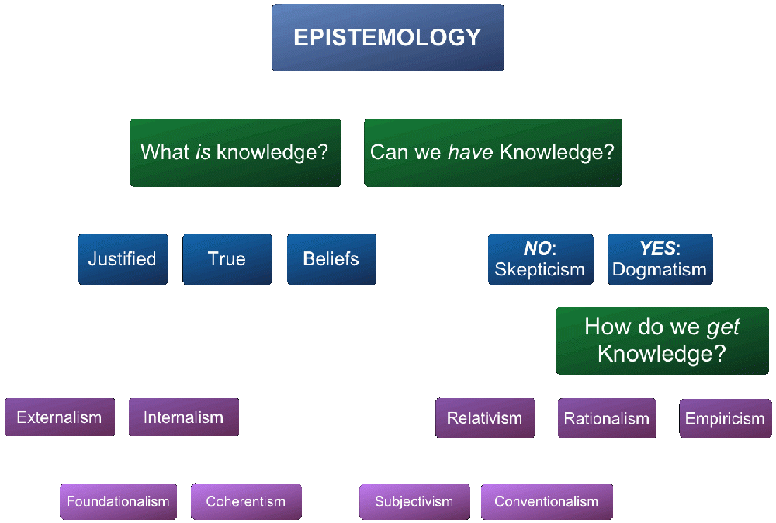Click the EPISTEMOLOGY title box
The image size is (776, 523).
388,37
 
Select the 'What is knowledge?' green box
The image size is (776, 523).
235,152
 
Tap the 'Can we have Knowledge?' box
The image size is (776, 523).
493,152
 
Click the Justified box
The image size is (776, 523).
123,258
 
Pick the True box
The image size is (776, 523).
227,258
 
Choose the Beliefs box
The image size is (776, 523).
331,258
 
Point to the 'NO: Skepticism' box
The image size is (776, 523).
540,258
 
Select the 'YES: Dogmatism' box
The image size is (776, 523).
660,258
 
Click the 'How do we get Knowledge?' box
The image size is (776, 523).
662,341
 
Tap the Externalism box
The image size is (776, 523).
60,417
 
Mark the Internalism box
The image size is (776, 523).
184,417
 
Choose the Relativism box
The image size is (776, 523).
485,418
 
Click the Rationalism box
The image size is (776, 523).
608,418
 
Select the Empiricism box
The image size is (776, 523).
726,418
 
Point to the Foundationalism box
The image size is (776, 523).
118,502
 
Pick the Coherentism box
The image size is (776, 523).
246,502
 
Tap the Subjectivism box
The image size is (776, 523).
414,502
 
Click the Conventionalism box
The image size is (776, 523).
547,502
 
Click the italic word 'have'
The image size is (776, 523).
470,152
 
